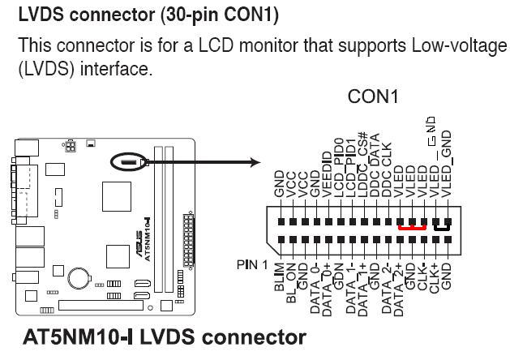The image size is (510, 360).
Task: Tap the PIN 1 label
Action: click(x=251, y=264)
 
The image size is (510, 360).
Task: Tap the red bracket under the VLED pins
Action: click(x=413, y=229)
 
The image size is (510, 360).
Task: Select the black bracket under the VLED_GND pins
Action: click(x=441, y=229)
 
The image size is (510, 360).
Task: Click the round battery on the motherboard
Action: click(x=79, y=278)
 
